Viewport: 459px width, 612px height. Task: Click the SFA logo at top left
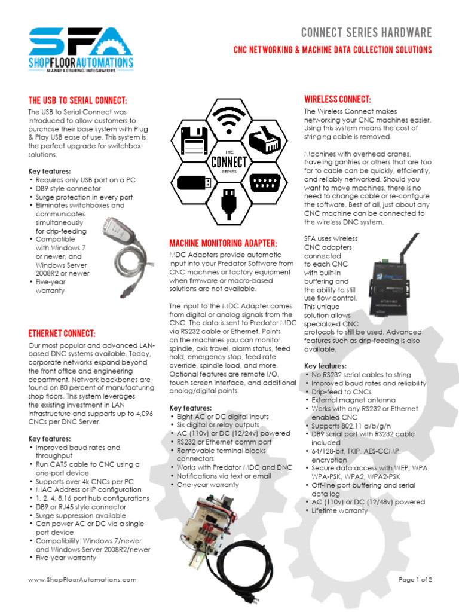[81, 48]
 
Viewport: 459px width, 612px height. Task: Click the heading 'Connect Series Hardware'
[366, 32]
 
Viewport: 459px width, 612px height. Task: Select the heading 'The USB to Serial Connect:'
[78, 100]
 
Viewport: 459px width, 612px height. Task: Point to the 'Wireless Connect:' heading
[337, 99]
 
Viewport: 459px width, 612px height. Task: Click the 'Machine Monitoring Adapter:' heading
[224, 243]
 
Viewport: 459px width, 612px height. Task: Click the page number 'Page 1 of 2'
[415, 579]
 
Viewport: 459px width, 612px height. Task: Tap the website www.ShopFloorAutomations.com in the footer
[82, 579]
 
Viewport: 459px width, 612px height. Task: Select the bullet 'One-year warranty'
[207, 485]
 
